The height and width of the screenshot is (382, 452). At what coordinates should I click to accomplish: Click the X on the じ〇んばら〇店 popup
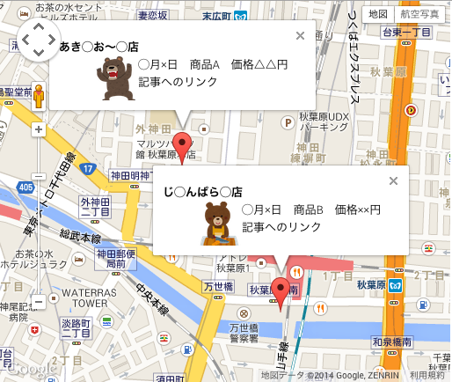393,180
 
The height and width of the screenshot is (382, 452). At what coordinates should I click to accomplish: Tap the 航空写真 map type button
419,14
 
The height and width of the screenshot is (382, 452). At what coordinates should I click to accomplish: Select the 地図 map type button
378,14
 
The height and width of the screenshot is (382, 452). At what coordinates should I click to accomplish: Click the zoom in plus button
38,129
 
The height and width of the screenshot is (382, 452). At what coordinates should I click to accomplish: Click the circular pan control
38,39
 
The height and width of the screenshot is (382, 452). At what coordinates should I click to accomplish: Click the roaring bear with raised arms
114,78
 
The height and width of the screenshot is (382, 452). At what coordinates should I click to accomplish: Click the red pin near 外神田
182,144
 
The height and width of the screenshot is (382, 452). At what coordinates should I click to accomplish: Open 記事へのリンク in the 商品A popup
175,82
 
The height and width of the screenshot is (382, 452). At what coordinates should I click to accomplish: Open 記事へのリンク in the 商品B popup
281,227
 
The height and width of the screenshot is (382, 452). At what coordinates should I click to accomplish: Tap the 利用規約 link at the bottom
429,375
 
